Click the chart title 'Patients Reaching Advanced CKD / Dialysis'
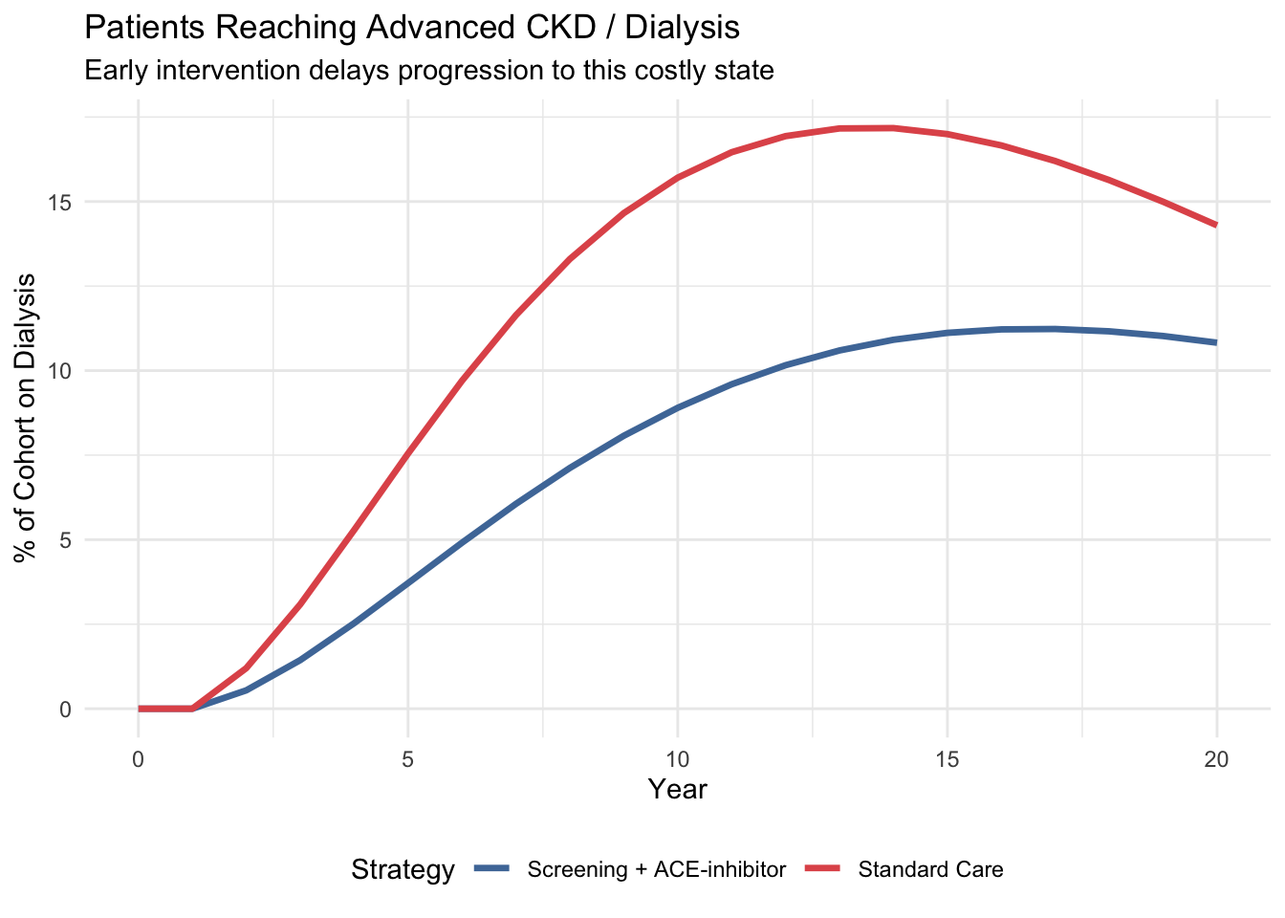(x=412, y=28)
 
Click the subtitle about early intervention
(x=429, y=71)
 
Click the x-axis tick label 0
(x=139, y=760)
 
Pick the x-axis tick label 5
(x=408, y=760)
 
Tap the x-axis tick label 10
(x=678, y=760)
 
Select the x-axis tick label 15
(x=947, y=760)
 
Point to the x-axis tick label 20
(x=1216, y=760)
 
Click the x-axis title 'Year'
(x=678, y=790)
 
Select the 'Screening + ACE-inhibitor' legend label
(x=657, y=870)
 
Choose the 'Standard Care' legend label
(x=931, y=870)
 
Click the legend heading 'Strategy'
(x=403, y=870)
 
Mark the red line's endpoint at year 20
(x=1216, y=225)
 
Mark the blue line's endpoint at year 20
(x=1216, y=342)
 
